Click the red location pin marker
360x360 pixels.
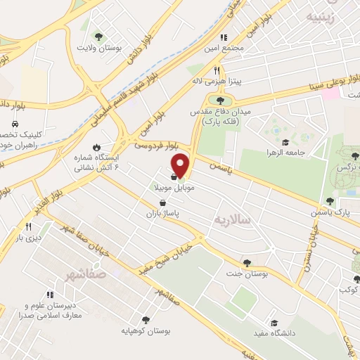point(181,164)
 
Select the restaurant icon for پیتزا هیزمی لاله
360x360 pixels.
point(217,70)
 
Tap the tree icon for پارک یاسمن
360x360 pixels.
point(330,201)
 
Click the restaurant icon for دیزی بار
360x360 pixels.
point(29,226)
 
